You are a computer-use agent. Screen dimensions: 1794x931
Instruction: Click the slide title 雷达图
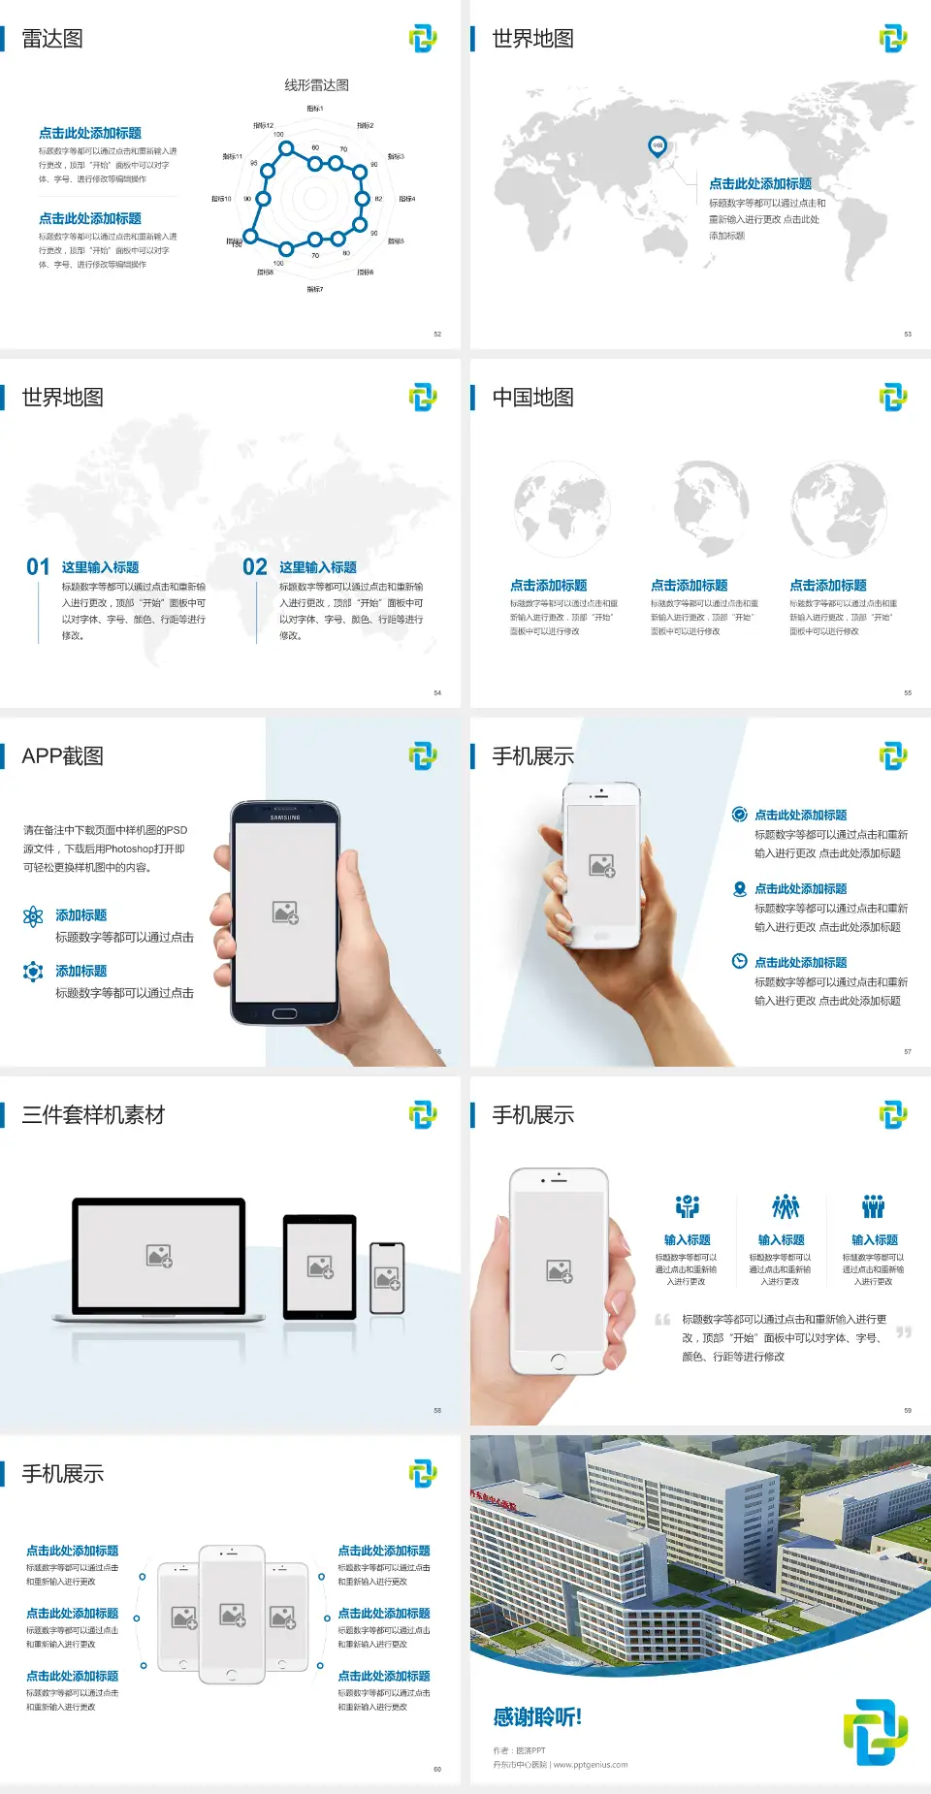(x=52, y=39)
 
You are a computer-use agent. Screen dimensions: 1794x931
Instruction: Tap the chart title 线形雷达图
(x=316, y=85)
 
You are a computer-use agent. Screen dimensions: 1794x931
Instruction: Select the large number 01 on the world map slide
(x=38, y=567)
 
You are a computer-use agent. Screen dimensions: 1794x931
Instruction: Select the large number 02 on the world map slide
(x=255, y=567)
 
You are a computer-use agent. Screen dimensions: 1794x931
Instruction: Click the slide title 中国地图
(x=532, y=398)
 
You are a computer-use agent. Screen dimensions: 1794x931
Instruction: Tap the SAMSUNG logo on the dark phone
(x=285, y=817)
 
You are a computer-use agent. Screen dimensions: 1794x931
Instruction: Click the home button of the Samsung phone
(x=284, y=1013)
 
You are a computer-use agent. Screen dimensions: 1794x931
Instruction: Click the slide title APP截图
(x=62, y=756)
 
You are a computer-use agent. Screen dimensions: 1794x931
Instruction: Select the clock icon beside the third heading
(x=739, y=961)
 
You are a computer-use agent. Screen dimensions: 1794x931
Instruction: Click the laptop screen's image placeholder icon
(x=159, y=1256)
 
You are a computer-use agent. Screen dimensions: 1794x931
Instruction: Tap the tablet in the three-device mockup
(x=320, y=1265)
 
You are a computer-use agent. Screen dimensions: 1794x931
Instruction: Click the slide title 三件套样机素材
(x=93, y=1115)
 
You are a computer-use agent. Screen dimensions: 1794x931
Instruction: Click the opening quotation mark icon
(x=662, y=1319)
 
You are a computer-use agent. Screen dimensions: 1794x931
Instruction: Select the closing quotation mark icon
(x=904, y=1332)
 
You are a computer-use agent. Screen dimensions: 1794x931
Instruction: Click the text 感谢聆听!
(x=537, y=1717)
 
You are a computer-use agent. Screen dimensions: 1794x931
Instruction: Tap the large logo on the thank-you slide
(x=875, y=1732)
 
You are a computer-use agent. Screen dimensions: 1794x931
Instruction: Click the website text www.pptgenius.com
(x=591, y=1765)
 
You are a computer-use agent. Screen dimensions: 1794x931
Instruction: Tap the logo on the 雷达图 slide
(x=423, y=39)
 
